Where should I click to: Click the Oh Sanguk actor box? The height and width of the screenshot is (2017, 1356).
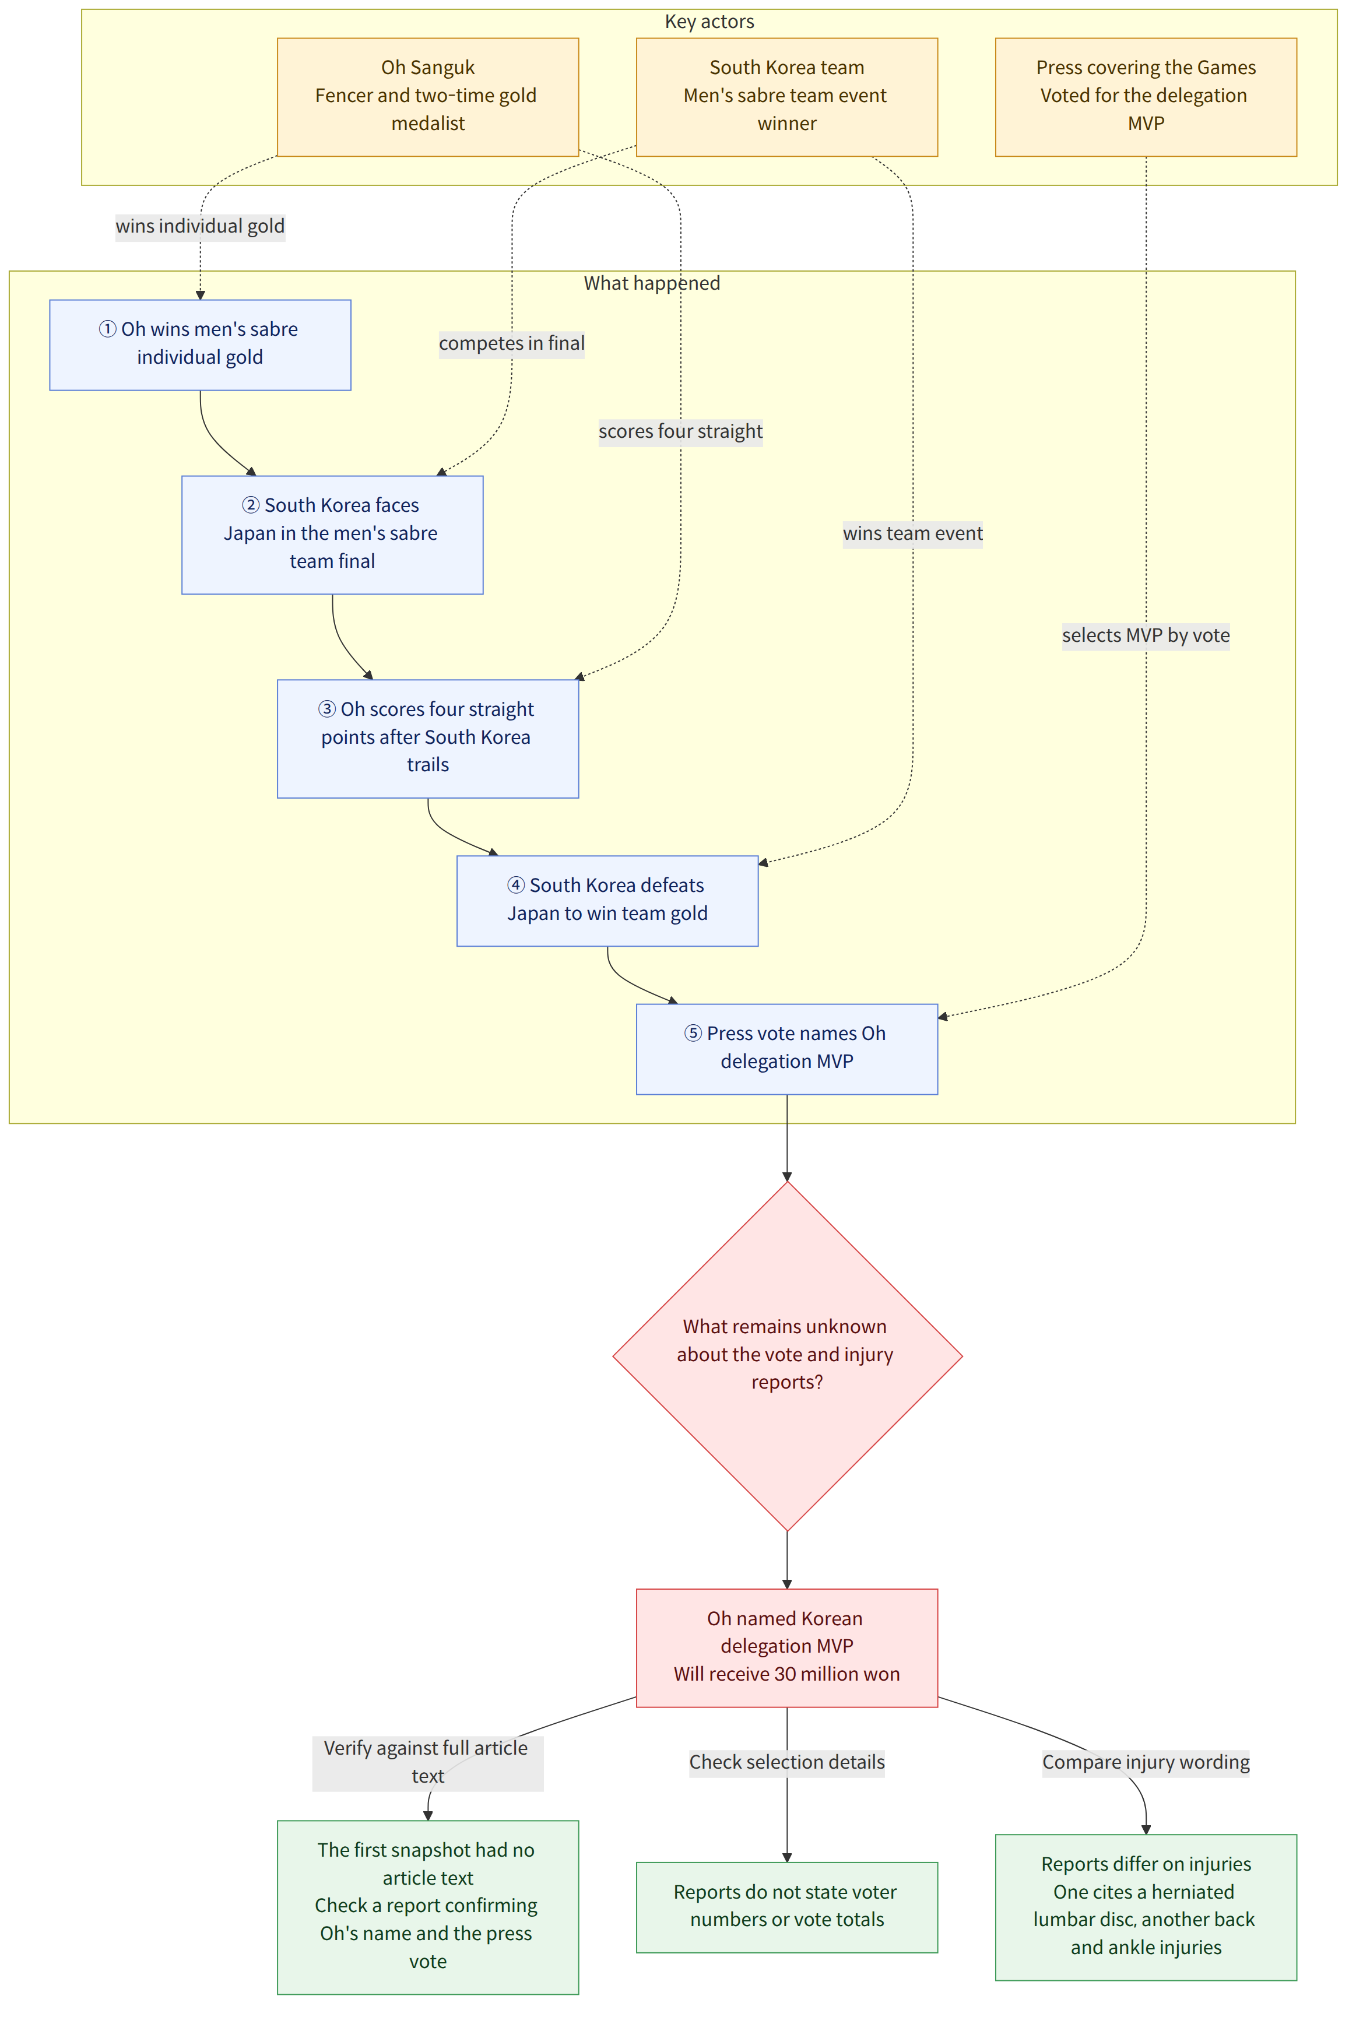coord(427,97)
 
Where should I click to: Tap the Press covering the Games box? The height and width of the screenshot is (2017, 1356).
coord(1146,97)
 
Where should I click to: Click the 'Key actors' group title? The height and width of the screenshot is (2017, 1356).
coord(709,22)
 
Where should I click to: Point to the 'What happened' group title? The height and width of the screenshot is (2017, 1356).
coord(651,283)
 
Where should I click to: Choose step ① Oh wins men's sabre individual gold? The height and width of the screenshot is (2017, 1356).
coord(200,345)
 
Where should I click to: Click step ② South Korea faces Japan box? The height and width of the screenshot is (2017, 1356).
coord(332,535)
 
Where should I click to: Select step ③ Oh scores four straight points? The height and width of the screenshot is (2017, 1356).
coord(427,739)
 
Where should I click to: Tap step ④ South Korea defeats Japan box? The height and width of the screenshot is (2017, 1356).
coord(607,901)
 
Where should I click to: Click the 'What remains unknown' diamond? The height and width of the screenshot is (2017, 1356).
coord(787,1355)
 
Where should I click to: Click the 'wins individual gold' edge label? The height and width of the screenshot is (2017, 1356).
coord(200,227)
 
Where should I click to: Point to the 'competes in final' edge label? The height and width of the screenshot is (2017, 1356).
coord(511,343)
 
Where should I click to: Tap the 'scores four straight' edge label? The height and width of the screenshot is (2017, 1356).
coord(680,431)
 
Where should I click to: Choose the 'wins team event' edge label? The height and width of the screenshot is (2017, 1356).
coord(912,533)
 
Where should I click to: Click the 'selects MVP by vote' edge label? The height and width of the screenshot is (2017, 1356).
coord(1146,635)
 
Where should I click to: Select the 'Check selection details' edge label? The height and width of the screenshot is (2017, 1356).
coord(787,1762)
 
